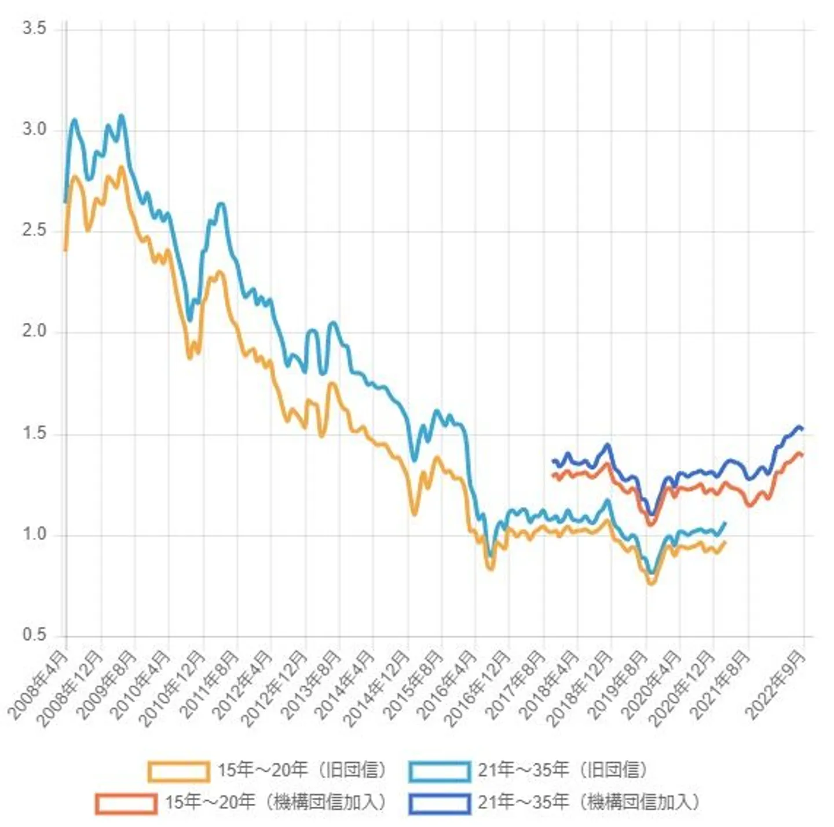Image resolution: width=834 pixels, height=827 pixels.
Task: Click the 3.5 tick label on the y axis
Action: coord(34,29)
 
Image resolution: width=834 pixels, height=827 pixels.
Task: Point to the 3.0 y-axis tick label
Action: coord(34,130)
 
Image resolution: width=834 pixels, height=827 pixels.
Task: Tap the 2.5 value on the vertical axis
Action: coord(34,231)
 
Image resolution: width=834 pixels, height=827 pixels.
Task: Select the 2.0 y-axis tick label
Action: coord(34,331)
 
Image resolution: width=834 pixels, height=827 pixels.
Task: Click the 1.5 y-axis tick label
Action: coord(34,433)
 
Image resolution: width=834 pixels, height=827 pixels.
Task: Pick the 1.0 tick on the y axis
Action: coord(34,534)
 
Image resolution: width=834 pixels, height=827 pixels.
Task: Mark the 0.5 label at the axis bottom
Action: coord(34,635)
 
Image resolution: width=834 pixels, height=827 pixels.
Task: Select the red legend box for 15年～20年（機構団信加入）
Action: coord(126,804)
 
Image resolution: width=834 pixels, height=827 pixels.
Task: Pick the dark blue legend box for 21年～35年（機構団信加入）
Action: coord(439,804)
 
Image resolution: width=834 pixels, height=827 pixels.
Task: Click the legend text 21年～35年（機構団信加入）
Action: coord(588,803)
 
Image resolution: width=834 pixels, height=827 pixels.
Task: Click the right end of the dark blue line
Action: coord(803,429)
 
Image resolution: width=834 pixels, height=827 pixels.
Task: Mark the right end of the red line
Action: coord(803,455)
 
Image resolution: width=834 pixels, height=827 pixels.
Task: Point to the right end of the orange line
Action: coord(725,542)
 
